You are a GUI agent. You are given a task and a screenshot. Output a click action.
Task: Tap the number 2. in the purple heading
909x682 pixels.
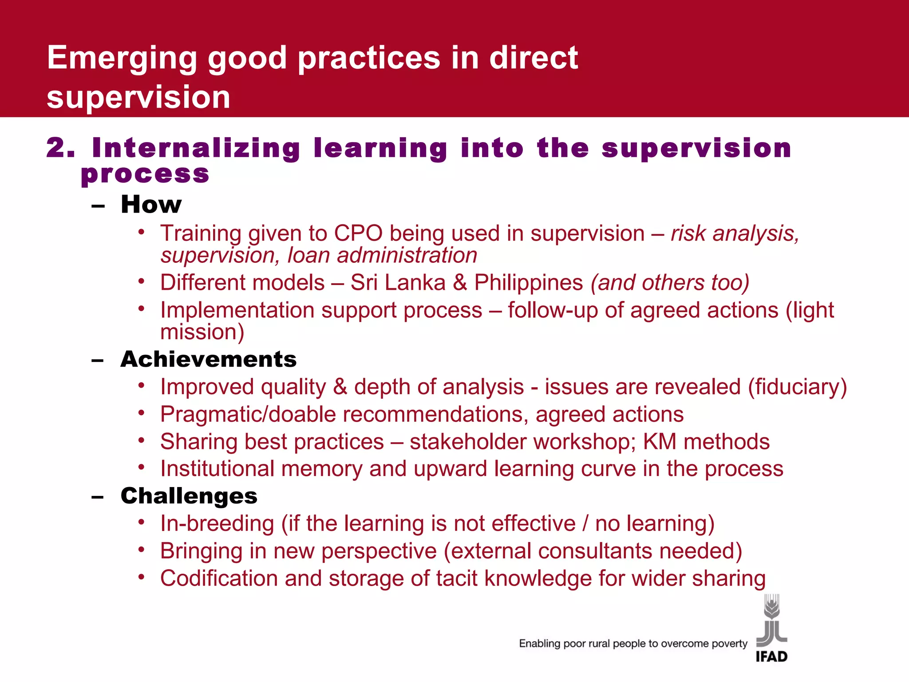coord(60,148)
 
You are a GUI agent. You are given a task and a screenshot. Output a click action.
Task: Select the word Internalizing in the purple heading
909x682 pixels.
coord(196,149)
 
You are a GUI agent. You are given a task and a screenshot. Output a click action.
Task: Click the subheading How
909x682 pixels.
coord(151,205)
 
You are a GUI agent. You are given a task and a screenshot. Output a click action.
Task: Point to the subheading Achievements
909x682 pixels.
coord(208,359)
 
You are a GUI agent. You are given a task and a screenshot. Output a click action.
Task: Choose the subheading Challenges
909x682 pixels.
coord(189,496)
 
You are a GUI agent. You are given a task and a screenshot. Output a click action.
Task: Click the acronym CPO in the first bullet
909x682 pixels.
coord(358,234)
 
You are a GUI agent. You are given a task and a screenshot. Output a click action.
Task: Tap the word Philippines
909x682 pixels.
coord(528,283)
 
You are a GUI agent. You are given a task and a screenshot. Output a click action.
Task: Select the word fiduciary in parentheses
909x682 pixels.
coord(798,387)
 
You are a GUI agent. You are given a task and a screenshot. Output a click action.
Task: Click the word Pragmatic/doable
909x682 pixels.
coord(248,415)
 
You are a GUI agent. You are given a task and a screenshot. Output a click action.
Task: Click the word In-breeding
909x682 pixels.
coord(217,524)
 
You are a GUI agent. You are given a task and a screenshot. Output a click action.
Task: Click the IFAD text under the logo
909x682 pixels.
coord(771,657)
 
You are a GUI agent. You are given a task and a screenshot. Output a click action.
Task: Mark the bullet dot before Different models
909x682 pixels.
coord(141,282)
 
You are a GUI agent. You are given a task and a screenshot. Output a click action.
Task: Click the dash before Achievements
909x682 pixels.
coord(98,360)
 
